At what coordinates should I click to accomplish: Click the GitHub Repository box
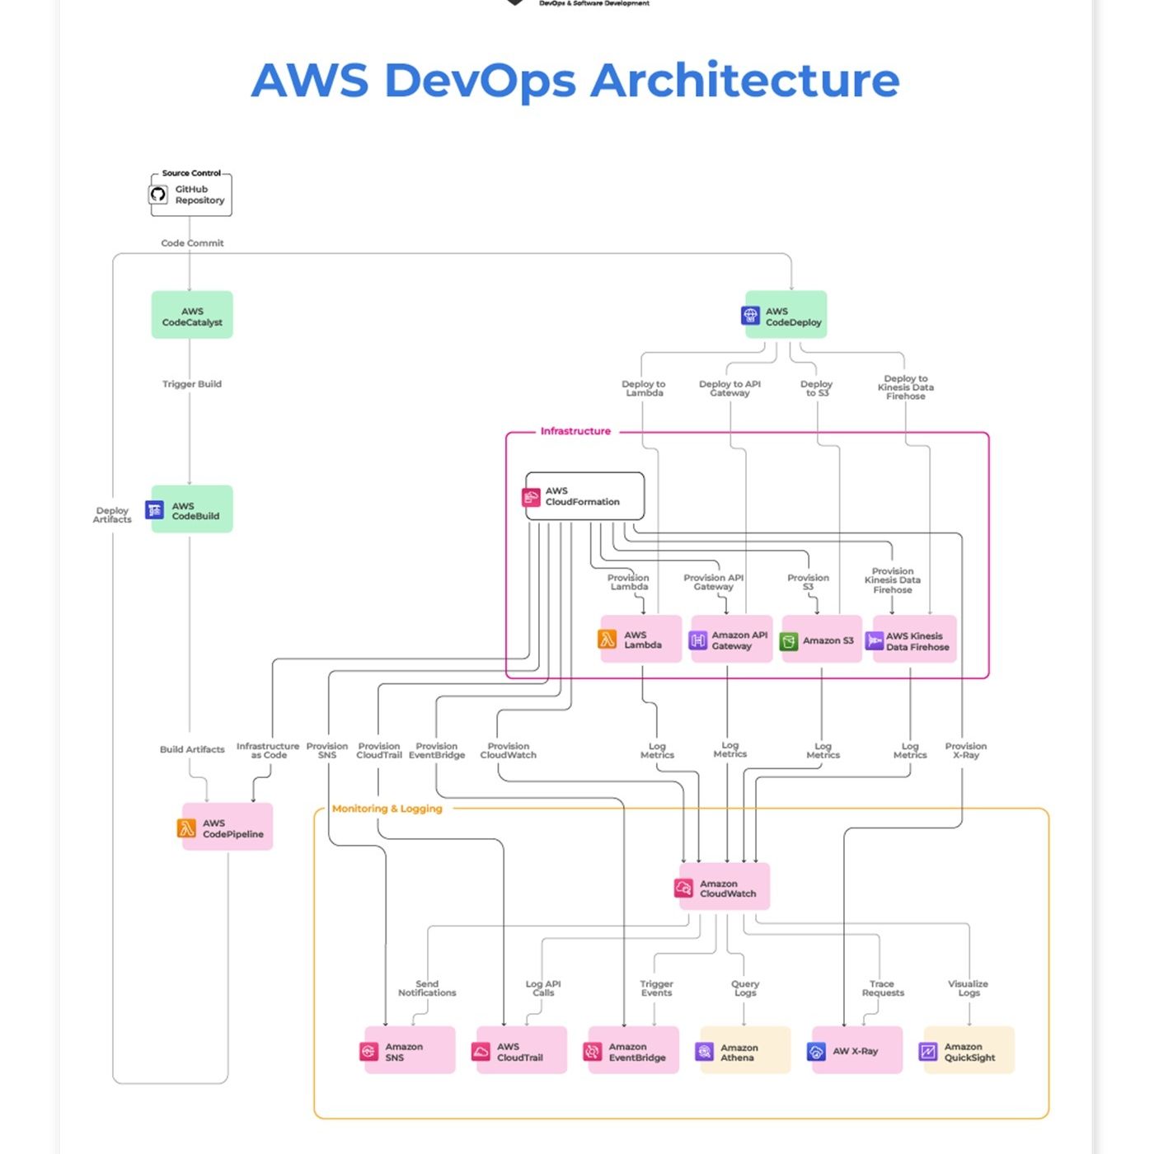(x=191, y=195)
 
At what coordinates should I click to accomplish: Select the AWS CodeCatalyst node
(x=192, y=315)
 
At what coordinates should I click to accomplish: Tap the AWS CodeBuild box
(x=192, y=509)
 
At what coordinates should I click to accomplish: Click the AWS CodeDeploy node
(x=786, y=315)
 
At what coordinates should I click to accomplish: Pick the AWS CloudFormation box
(x=585, y=496)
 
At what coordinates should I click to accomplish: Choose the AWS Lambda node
(x=641, y=639)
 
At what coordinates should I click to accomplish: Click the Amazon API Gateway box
(x=732, y=640)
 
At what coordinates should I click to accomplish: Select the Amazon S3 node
(x=822, y=640)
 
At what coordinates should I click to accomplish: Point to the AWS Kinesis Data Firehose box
(x=914, y=640)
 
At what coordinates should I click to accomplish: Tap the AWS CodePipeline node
(x=227, y=827)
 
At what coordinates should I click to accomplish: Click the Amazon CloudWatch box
(x=725, y=887)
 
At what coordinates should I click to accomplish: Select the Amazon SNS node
(x=410, y=1050)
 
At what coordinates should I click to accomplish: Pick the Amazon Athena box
(x=745, y=1050)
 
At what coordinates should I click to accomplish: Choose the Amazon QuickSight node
(x=969, y=1050)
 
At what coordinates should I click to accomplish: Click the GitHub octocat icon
(x=158, y=195)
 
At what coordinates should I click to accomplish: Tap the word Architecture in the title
(x=745, y=81)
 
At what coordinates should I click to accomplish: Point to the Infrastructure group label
(x=575, y=431)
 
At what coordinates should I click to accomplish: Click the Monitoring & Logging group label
(x=387, y=809)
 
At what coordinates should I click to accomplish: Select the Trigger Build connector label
(x=192, y=384)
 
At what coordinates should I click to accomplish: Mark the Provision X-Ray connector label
(x=966, y=750)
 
